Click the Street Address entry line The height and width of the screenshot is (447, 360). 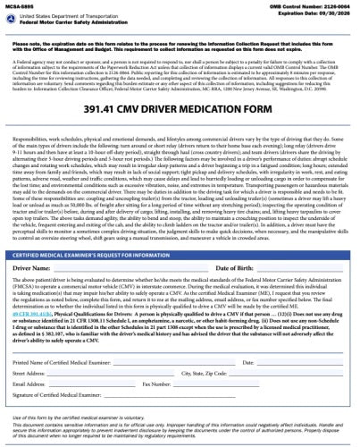coord(117,374)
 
